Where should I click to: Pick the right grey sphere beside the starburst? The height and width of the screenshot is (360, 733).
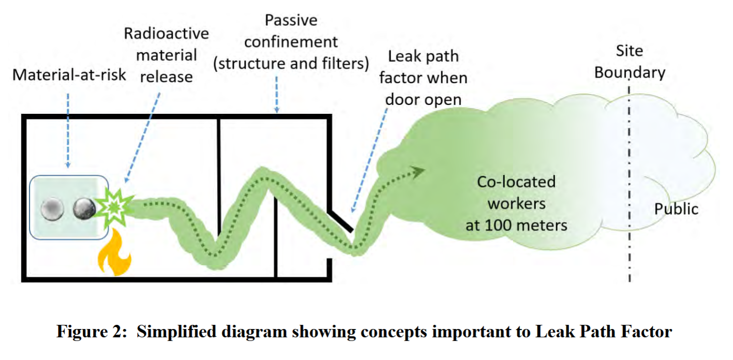[x=83, y=209]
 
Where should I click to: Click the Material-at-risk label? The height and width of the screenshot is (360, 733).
[x=69, y=74]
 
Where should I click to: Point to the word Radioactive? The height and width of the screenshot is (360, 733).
[x=167, y=34]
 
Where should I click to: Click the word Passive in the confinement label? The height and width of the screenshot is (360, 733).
[x=291, y=20]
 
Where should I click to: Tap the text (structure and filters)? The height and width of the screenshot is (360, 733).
[x=291, y=64]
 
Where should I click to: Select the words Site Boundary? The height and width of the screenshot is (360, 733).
[x=630, y=62]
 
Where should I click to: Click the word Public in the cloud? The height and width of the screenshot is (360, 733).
[x=676, y=209]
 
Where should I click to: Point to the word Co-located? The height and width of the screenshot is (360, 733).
[x=516, y=182]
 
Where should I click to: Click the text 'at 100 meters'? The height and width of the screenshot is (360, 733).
[x=516, y=225]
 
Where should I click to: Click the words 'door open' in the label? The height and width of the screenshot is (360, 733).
[x=423, y=99]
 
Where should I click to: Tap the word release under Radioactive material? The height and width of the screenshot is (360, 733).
[x=167, y=77]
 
